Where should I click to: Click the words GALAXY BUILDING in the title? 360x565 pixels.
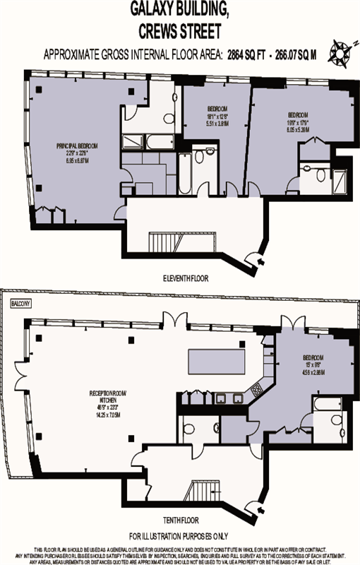(179, 11)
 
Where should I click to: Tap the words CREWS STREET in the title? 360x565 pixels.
(179, 31)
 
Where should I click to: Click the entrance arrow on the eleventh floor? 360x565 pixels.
(263, 263)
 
